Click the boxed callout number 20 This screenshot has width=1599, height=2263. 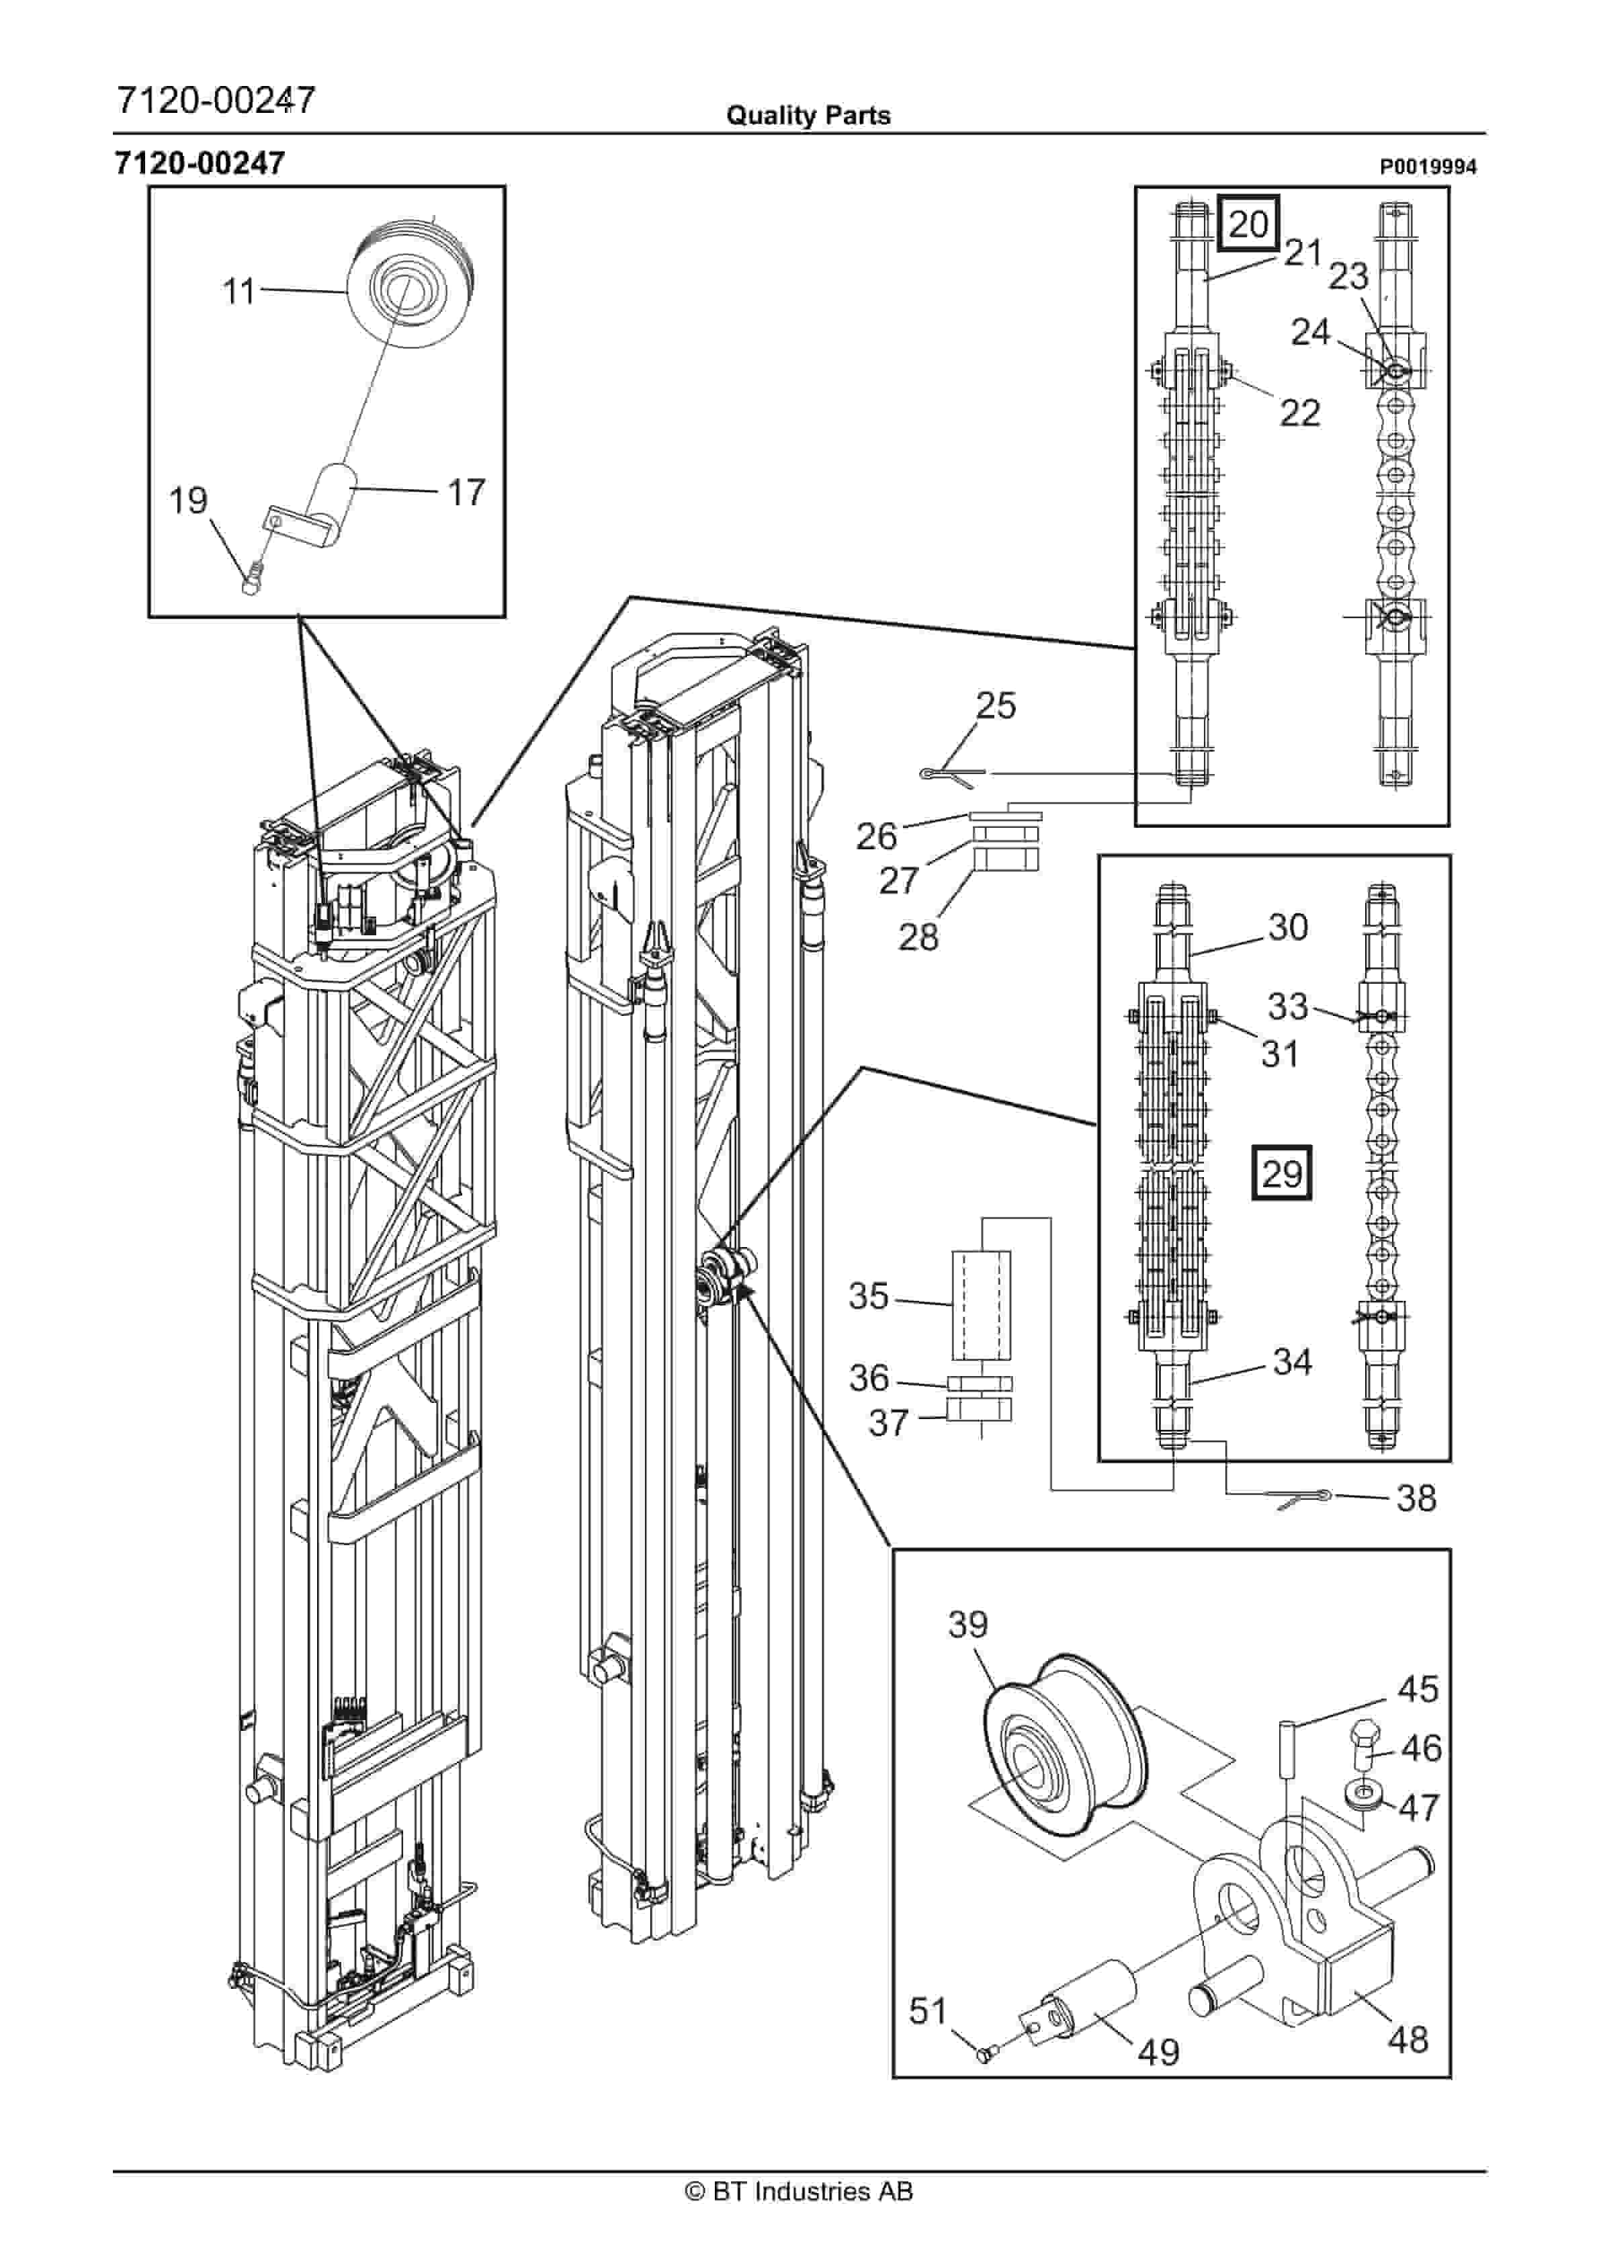[x=1248, y=224]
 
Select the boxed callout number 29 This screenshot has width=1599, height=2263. [x=1282, y=1173]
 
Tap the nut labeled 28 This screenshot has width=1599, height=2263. [x=1006, y=859]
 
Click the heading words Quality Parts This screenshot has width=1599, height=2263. [x=808, y=116]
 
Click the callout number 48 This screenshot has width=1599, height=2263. [x=1407, y=2039]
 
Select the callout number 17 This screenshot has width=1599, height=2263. [x=466, y=492]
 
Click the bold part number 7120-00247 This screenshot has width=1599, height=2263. [x=200, y=163]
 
